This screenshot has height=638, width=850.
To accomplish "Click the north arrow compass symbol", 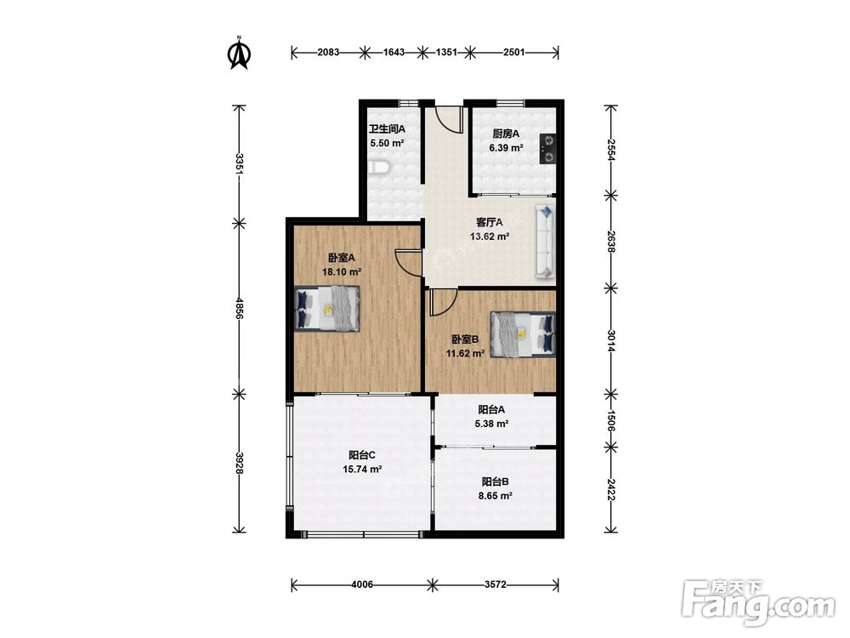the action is [239, 53].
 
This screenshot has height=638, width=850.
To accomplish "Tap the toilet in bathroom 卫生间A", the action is [378, 168].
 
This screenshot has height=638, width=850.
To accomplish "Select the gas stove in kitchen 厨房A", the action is [548, 149].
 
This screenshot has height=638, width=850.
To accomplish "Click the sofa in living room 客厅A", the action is [546, 242].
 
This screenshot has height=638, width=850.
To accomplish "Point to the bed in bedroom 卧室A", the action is [327, 309].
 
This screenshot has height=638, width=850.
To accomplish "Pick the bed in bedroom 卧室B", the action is [523, 334].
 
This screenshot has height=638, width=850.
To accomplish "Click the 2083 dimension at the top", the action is [328, 53].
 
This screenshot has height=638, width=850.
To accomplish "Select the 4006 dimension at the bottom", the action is [361, 584].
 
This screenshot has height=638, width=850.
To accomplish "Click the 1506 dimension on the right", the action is [610, 420].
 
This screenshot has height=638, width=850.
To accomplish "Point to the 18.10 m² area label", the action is [342, 272].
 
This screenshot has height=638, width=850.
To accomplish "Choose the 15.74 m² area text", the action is [362, 470].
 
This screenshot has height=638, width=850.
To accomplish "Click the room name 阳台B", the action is [495, 481].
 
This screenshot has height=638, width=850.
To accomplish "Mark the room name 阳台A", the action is [491, 410].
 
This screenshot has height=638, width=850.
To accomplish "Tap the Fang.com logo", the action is [758, 603].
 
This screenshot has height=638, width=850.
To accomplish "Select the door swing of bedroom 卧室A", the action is [409, 263].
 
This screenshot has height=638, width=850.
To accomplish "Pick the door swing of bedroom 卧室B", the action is [444, 303].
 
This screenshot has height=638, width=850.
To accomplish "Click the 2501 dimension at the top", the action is [514, 53].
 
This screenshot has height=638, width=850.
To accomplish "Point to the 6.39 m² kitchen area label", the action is [506, 147].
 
